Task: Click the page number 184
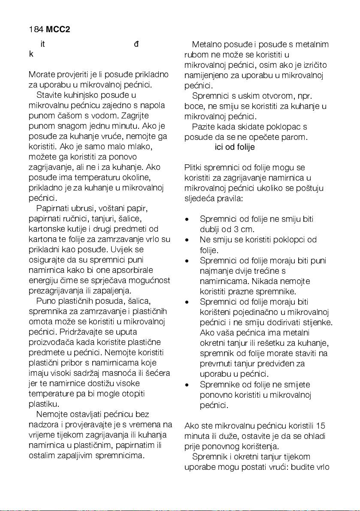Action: click(x=36, y=30)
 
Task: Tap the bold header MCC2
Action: click(x=58, y=30)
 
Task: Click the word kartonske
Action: click(x=47, y=230)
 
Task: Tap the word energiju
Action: click(x=43, y=281)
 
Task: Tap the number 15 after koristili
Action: click(x=321, y=426)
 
